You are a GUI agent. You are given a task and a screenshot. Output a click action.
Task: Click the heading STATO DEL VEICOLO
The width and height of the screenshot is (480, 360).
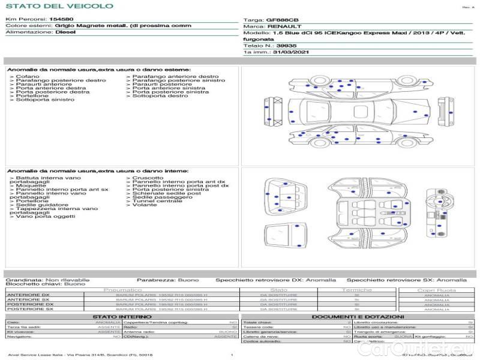click(59, 6)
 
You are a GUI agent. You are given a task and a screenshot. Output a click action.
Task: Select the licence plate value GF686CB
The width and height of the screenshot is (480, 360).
click(281, 20)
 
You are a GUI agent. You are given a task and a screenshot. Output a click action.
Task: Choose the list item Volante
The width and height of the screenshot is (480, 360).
click(145, 205)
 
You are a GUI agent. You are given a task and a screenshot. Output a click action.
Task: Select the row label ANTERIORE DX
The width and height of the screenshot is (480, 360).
click(28, 295)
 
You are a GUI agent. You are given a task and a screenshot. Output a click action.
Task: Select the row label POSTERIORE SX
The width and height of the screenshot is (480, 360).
click(29, 308)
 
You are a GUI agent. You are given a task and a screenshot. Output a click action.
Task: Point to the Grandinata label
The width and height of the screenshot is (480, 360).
click(24, 280)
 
